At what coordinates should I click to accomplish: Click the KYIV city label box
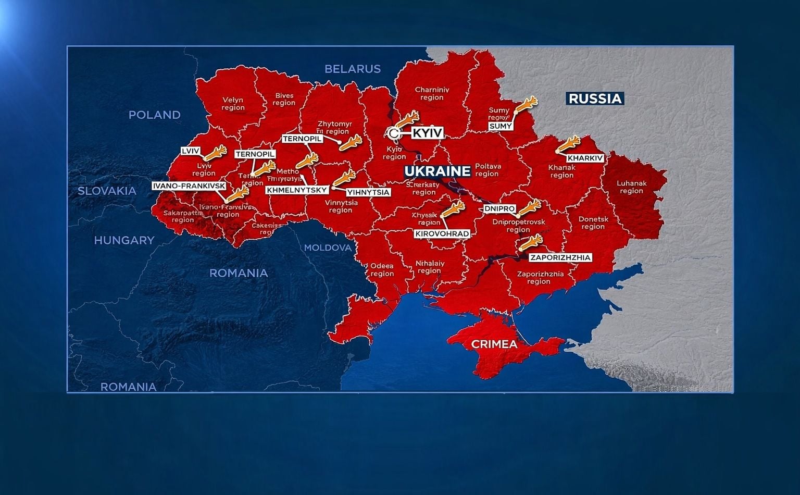427,133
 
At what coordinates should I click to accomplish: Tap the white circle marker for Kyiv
394,134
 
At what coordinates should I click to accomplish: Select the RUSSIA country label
595,98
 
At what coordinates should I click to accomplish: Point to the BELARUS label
353,69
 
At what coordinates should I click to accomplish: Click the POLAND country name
155,115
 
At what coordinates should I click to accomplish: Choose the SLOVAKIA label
107,191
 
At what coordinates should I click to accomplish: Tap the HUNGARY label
124,240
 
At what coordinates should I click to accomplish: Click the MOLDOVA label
328,247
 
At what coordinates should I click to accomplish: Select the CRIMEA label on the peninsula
494,344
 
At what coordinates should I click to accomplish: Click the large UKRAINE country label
438,171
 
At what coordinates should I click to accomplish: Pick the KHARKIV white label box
585,158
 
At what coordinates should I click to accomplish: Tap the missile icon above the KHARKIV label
569,143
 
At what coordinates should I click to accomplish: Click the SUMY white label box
501,126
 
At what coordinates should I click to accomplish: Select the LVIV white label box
191,151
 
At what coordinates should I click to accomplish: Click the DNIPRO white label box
499,208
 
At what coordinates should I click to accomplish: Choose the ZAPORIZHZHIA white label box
560,257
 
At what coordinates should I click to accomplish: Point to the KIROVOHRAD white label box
442,234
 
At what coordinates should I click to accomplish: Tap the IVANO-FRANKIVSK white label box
189,186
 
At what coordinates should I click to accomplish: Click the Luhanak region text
631,187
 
